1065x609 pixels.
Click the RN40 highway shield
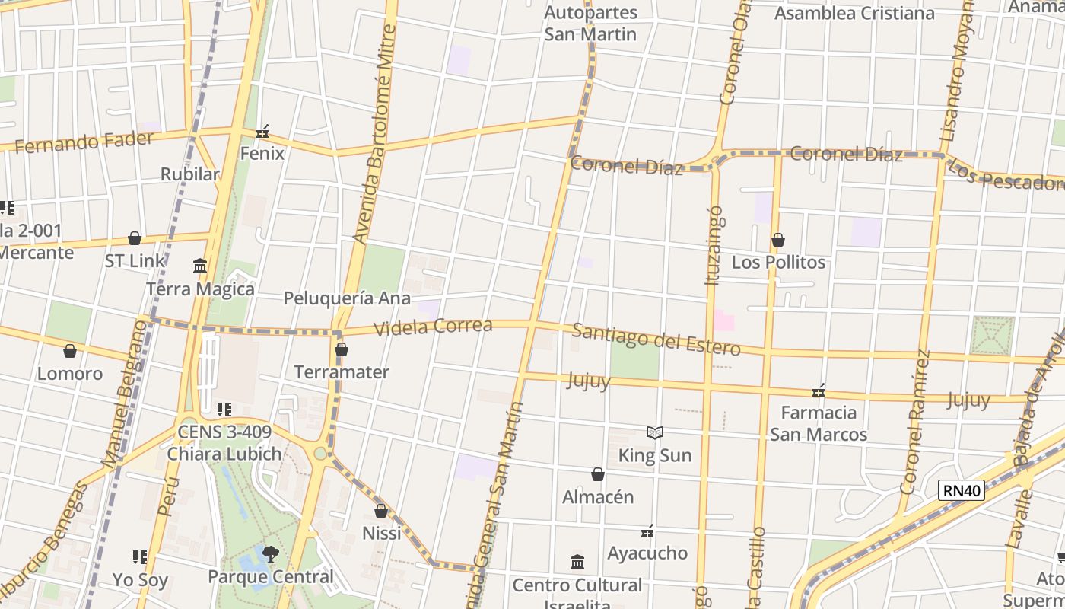(x=962, y=490)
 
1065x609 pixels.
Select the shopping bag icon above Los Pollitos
(x=777, y=241)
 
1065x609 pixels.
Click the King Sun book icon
(x=655, y=433)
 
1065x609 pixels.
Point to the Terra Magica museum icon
(x=200, y=266)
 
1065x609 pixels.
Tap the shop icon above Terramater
(x=342, y=350)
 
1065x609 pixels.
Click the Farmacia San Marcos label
(x=819, y=423)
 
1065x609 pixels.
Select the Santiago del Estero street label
(x=656, y=340)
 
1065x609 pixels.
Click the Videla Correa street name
(x=434, y=327)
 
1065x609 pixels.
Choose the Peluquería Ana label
(x=347, y=298)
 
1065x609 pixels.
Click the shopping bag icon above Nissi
(x=381, y=511)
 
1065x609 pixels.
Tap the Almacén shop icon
(x=598, y=475)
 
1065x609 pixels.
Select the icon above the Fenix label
(x=262, y=132)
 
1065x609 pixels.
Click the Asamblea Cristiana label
(x=854, y=14)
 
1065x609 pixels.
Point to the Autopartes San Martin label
(x=590, y=24)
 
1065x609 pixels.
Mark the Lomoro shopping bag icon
(x=70, y=351)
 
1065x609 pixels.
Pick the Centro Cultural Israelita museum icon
(x=577, y=563)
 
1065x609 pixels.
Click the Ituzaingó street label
(x=713, y=245)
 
